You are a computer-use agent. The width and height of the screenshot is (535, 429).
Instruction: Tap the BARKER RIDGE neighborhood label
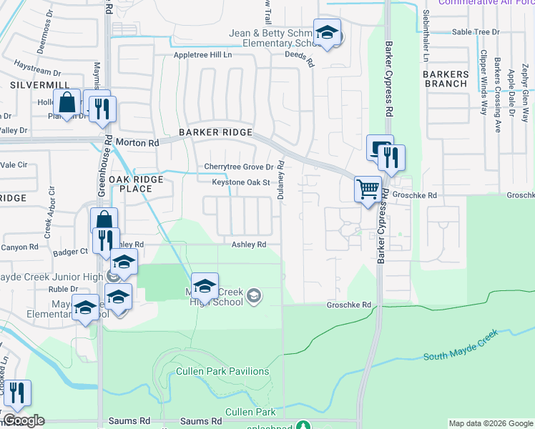215,132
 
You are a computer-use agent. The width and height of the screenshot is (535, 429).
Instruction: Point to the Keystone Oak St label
240,182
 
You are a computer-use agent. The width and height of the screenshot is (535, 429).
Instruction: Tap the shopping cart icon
368,189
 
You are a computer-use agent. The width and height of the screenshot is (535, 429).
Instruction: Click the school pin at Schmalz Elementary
328,33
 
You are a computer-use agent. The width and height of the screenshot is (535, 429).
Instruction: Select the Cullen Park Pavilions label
223,371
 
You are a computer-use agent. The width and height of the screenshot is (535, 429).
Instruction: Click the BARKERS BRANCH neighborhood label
445,79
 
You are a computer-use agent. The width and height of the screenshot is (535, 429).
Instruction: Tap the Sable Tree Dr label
476,32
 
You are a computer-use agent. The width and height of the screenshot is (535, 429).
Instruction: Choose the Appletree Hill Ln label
203,54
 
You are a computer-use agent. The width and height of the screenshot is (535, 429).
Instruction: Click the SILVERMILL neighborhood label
29,84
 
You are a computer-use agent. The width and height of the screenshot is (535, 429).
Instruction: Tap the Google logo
24,420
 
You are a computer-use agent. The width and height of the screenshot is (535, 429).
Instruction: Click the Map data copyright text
490,423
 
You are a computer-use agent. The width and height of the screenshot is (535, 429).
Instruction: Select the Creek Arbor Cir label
50,212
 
